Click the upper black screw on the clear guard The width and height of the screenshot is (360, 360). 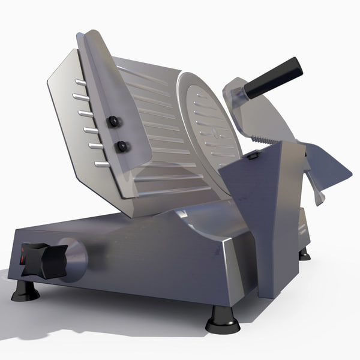click(112, 122)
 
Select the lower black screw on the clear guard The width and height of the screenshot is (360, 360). click(122, 146)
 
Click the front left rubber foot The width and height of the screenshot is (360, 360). click(25, 290)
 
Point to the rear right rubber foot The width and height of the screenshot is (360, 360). click(304, 254)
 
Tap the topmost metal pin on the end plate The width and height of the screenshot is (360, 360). click(80, 82)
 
